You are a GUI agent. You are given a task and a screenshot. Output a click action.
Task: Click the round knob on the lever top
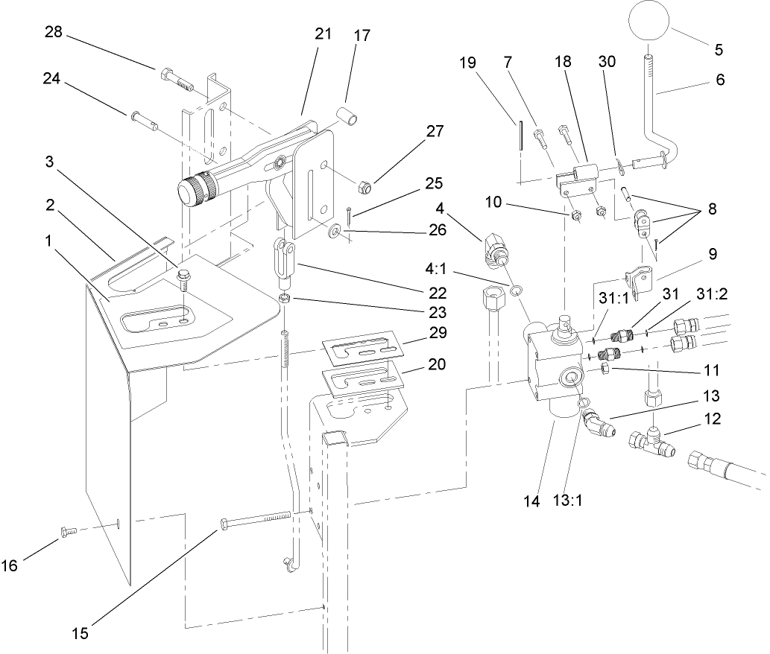[649, 22]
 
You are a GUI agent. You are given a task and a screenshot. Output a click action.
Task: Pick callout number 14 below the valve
[531, 502]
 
